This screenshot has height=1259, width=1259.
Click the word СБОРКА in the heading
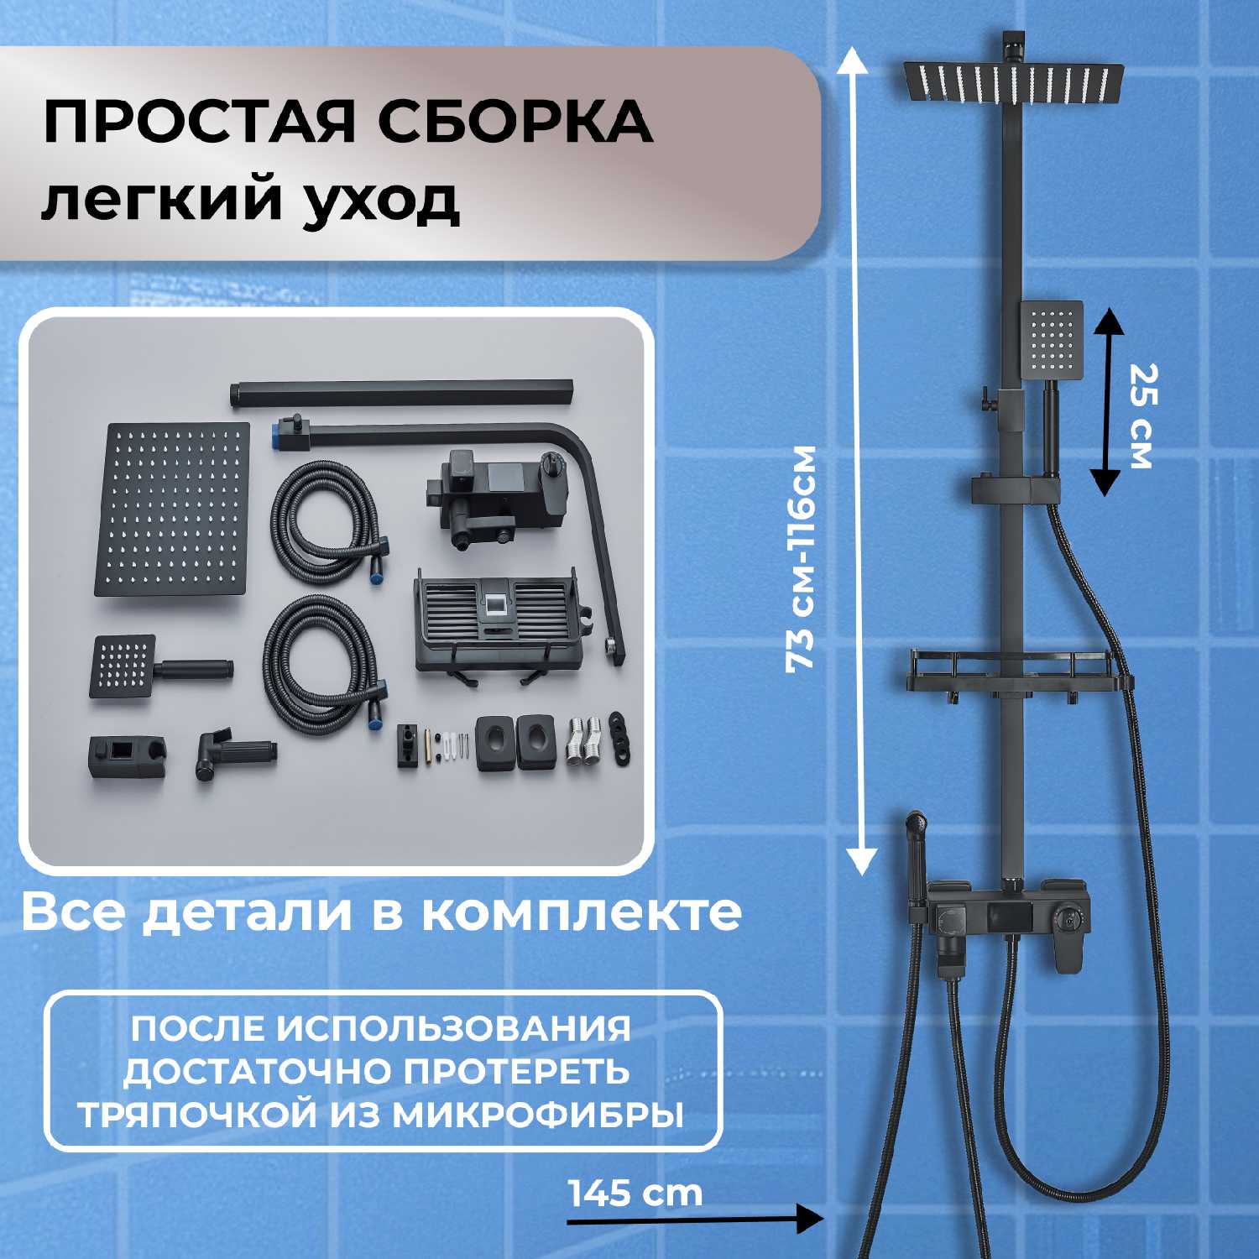(515, 121)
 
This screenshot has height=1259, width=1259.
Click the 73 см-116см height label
(801, 558)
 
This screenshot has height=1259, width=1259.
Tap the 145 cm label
(635, 1193)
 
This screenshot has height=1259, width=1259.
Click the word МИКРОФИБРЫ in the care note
(538, 1115)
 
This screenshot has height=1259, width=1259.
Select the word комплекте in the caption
(582, 912)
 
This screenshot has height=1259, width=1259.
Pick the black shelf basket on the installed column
(1019, 668)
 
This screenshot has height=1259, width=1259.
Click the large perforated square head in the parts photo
(176, 509)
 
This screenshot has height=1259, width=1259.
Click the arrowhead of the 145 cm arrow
(810, 1219)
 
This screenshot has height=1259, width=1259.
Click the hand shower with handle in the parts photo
(159, 668)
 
